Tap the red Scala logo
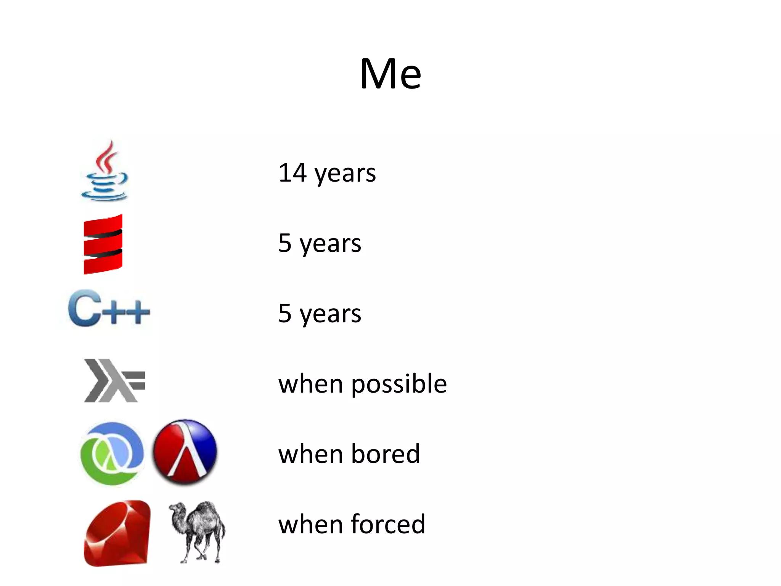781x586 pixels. [103, 244]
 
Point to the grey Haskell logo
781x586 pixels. [114, 380]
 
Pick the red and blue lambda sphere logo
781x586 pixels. [185, 452]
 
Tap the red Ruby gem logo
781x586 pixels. [117, 533]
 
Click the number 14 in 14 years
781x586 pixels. [292, 173]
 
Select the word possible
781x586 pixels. [399, 384]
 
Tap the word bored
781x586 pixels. [386, 454]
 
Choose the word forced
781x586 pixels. [388, 524]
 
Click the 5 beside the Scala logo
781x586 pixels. [285, 243]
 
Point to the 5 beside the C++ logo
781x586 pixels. [285, 313]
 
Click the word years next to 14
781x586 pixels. [345, 174]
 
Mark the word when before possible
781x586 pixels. [311, 384]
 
